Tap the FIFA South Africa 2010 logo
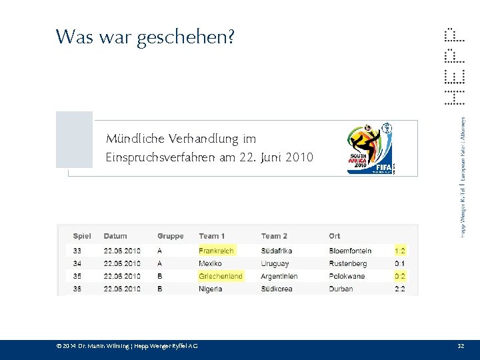coord(371,149)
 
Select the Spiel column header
coord(82,236)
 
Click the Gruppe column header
coord(170,236)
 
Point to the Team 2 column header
coord(274,236)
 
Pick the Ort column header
coord(334,236)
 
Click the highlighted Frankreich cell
coord(216,251)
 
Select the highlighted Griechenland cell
coord(221,276)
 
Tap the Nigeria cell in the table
coord(211,289)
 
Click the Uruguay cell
coord(275,263)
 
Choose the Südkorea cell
coord(277,289)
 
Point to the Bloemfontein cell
coord(350,251)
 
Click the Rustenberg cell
coord(347,263)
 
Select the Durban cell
coord(341,289)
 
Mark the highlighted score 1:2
coord(400,251)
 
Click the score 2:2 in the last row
coord(400,289)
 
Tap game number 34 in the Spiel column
coord(77,263)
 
